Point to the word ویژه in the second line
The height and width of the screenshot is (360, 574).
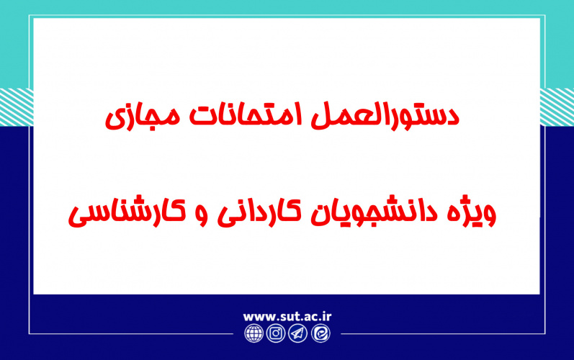(x=479, y=212)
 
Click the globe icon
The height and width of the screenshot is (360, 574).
(x=254, y=333)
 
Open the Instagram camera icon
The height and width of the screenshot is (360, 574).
(x=275, y=333)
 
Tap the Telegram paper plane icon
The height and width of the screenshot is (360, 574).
(x=297, y=333)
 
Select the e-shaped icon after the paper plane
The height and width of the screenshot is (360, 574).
(x=320, y=333)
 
